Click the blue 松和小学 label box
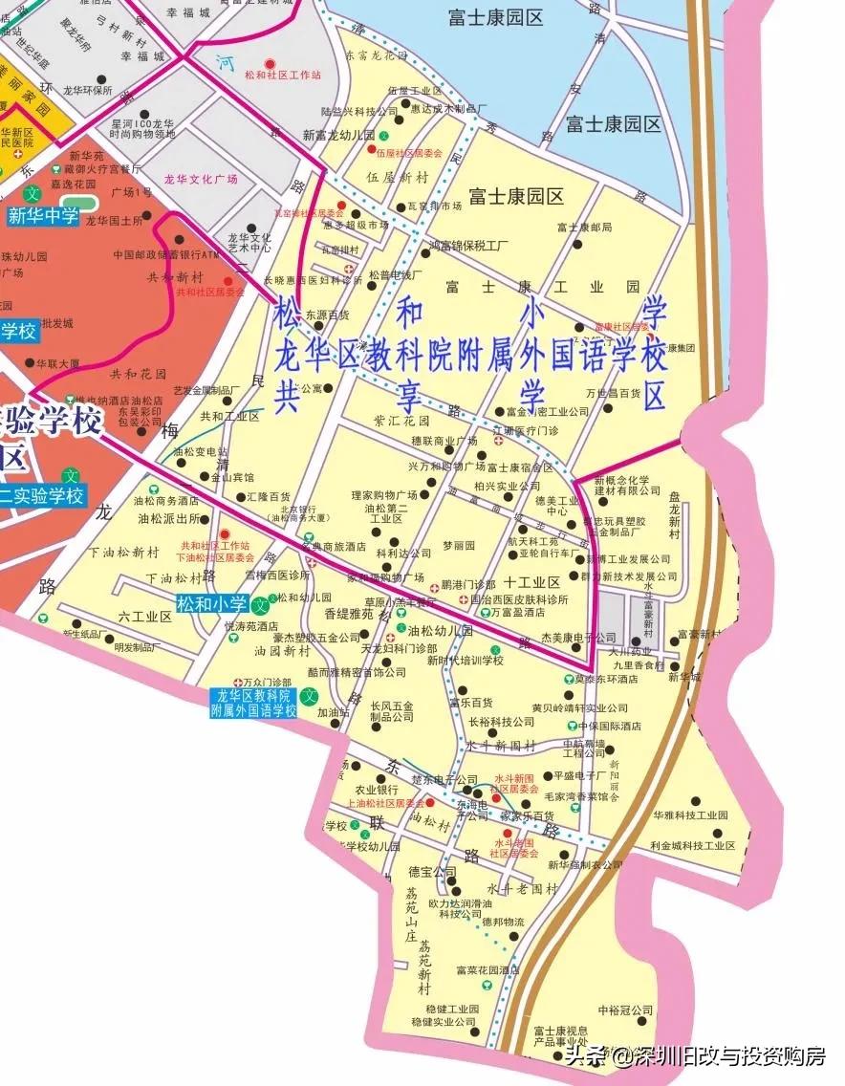(211, 603)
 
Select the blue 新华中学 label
(43, 216)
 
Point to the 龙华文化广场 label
(201, 179)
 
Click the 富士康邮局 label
(583, 228)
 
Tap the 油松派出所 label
(168, 519)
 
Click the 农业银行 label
(377, 790)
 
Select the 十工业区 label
(531, 582)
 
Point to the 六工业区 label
(144, 617)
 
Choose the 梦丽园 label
(458, 545)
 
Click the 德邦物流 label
(503, 922)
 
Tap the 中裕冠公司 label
(624, 1010)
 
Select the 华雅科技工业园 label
(690, 815)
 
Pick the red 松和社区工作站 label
(283, 74)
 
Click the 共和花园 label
(140, 374)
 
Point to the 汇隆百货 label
(268, 497)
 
